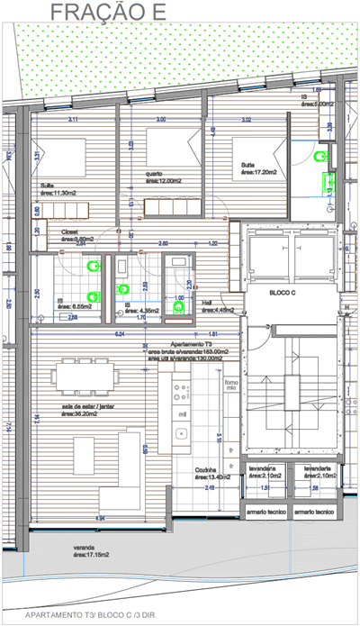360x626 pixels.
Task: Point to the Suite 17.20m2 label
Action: pyautogui.click(x=259, y=168)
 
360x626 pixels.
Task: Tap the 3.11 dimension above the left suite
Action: pyautogui.click(x=73, y=119)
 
